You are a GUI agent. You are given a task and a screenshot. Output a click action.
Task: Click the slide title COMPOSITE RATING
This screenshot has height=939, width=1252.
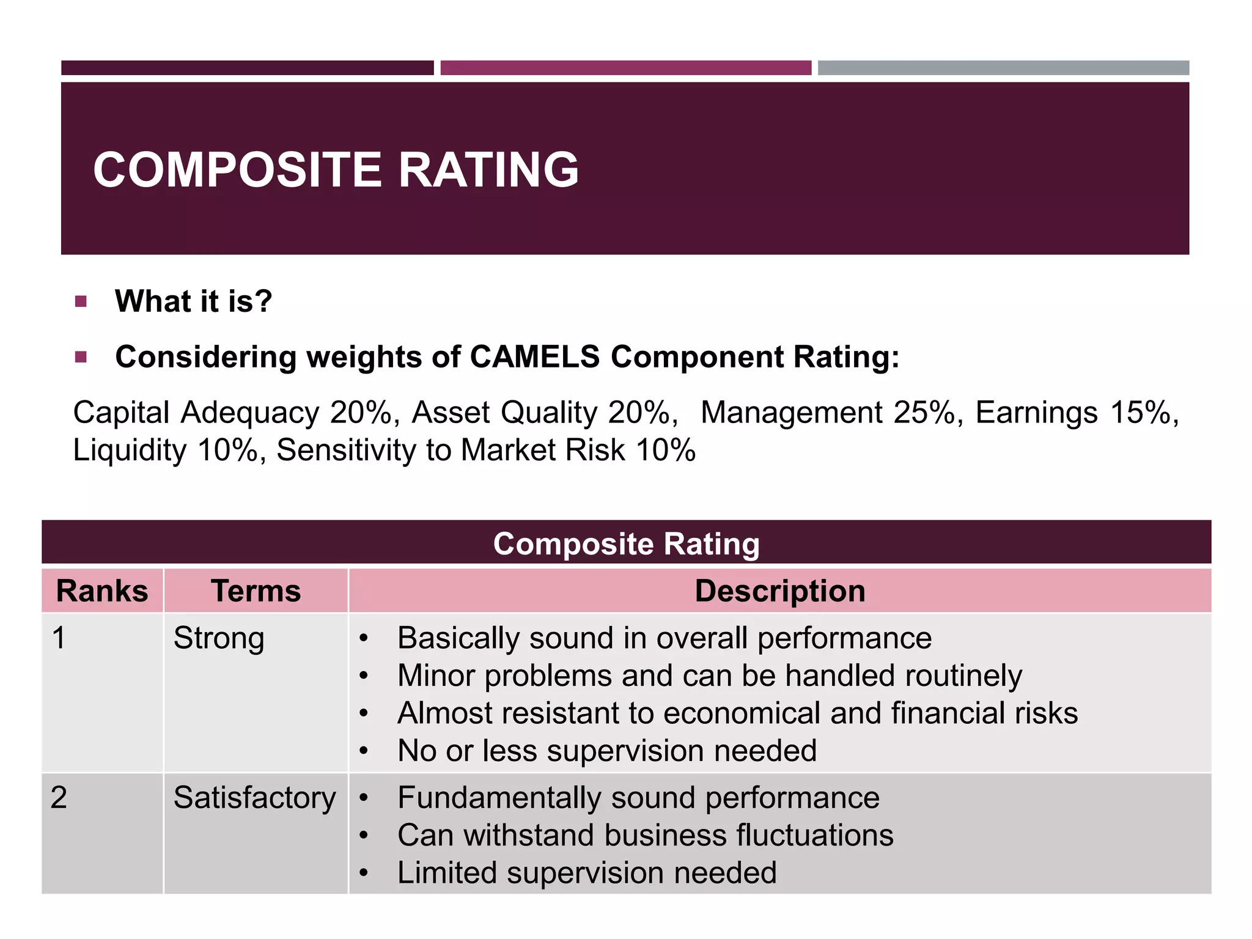[x=336, y=169]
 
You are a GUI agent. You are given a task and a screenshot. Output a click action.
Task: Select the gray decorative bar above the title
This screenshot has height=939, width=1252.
[x=1003, y=68]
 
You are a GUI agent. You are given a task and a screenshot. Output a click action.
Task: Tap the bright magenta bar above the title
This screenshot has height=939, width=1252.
[x=625, y=68]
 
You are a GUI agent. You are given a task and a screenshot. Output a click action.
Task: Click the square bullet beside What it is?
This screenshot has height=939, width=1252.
[x=81, y=301]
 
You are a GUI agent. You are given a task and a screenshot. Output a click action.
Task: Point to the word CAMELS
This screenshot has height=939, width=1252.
[x=535, y=356]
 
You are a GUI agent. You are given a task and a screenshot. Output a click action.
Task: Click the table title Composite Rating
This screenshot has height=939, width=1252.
[x=626, y=543]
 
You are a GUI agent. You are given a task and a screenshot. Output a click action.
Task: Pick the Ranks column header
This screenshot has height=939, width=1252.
[x=102, y=591]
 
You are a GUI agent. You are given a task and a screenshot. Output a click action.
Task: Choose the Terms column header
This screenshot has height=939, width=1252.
[x=256, y=591]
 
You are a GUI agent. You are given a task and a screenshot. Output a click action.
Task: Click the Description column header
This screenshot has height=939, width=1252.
[x=779, y=591]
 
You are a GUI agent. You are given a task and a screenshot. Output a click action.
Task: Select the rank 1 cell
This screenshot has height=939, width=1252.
[x=59, y=638]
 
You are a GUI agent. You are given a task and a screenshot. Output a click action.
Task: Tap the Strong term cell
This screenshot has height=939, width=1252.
[x=219, y=638]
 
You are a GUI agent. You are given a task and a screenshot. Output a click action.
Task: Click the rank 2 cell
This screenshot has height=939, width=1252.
[x=59, y=798]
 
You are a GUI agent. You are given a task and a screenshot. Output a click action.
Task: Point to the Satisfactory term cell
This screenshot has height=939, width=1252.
[x=254, y=798]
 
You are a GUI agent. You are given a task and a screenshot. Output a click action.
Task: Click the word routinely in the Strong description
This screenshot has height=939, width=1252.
[x=963, y=676]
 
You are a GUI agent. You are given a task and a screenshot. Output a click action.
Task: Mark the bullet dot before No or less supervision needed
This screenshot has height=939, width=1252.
[x=364, y=751]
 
